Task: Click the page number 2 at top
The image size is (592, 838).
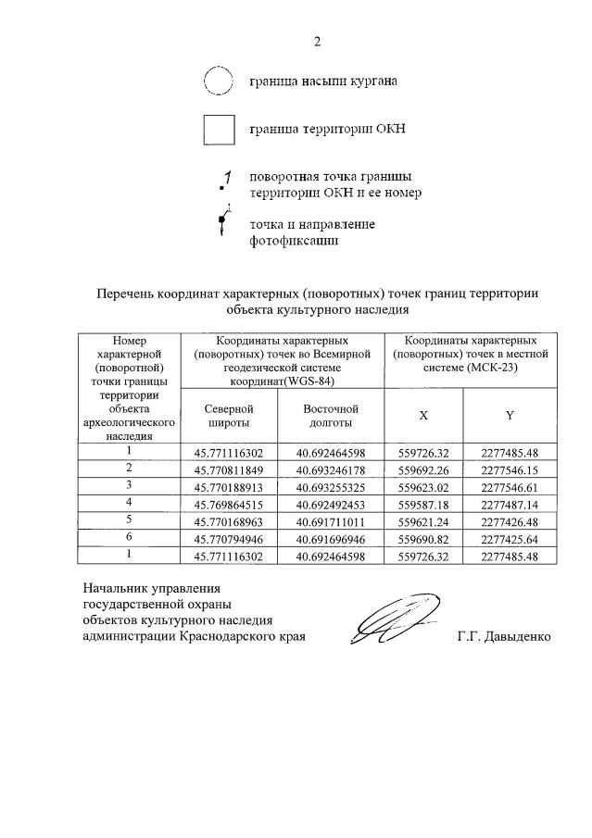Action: (317, 41)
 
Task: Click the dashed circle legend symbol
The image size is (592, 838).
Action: (218, 81)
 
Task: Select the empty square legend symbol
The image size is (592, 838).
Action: (219, 129)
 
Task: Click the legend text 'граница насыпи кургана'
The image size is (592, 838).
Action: (323, 81)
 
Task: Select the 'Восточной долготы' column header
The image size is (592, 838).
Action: (331, 415)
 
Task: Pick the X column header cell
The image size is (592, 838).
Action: (423, 416)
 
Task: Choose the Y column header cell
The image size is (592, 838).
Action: (510, 416)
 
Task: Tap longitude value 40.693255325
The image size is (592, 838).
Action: (331, 486)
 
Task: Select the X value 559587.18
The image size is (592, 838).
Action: (423, 504)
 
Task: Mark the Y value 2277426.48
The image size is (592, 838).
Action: (510, 520)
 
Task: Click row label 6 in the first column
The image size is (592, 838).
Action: (130, 537)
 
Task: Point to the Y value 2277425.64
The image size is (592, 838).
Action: (510, 538)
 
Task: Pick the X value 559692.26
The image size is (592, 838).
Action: (423, 469)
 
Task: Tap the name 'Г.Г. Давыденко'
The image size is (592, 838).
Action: (503, 637)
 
